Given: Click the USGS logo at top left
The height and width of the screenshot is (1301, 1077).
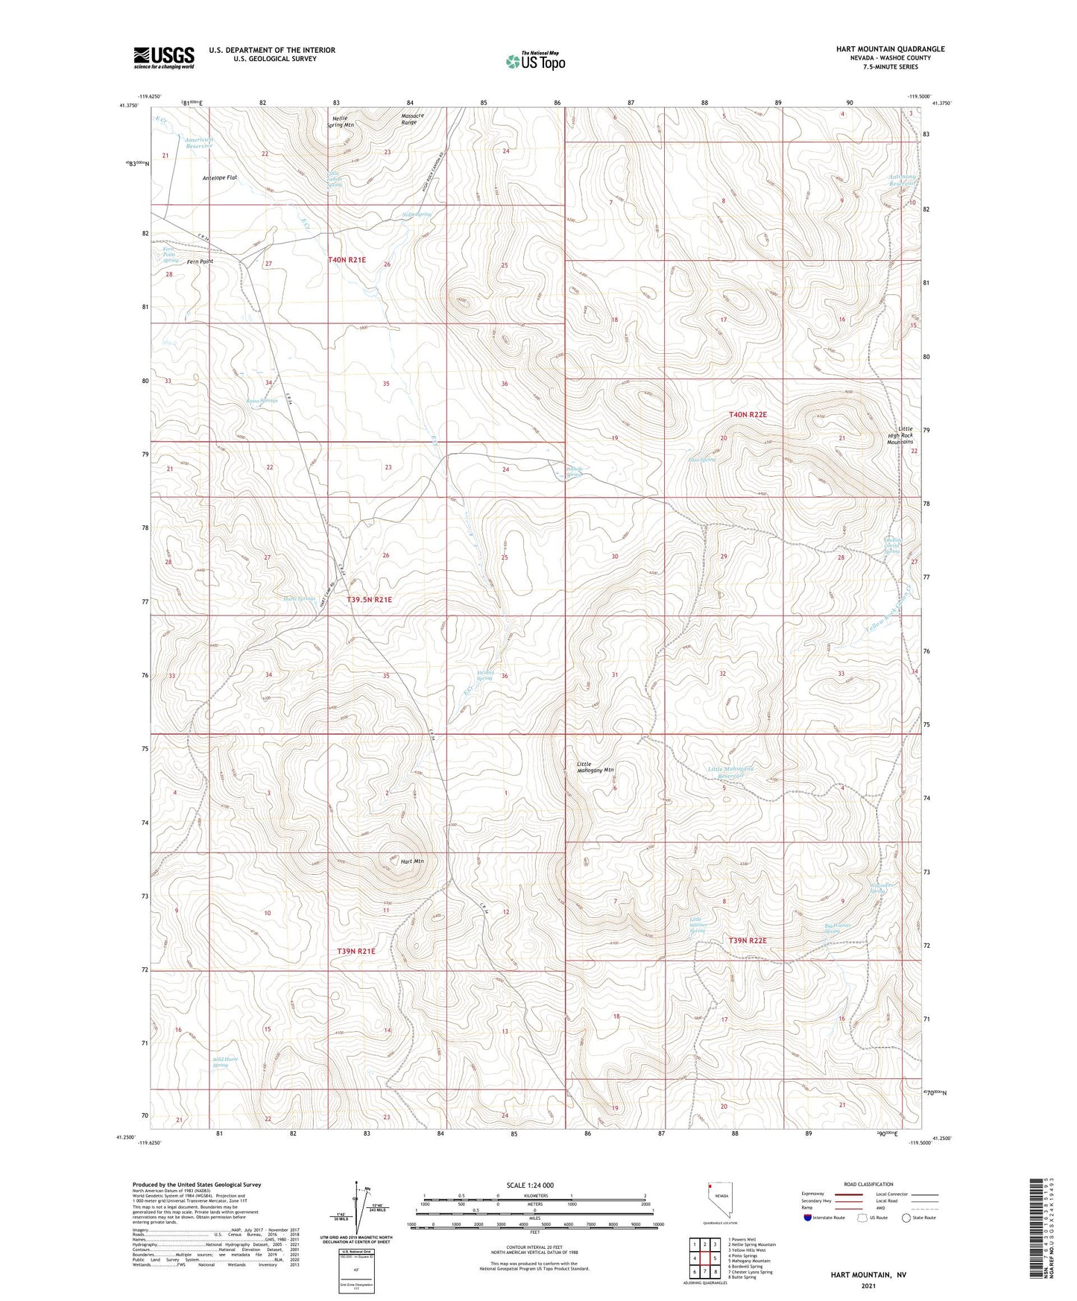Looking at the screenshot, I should tap(164, 57).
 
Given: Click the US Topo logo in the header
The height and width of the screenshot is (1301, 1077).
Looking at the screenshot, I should tap(535, 61).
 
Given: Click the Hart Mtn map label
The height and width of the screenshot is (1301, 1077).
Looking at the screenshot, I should tap(412, 861).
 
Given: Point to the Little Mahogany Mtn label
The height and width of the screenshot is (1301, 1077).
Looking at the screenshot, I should tap(596, 767).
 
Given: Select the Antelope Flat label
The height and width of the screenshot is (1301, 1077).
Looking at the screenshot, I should tap(220, 178).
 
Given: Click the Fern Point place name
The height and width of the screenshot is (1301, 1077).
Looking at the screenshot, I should tap(200, 262).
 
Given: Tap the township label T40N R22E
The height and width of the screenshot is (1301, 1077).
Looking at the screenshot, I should tap(748, 414).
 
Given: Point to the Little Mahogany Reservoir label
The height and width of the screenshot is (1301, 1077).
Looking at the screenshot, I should tap(731, 772).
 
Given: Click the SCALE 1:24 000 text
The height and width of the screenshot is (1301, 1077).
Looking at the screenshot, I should tap(530, 1186).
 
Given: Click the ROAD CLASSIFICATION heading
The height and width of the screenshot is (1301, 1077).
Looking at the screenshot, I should tap(868, 1184).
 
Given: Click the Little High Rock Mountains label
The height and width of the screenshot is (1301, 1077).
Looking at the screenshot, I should tap(905, 435).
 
